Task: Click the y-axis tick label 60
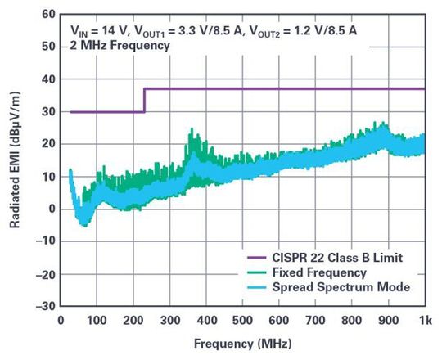(x=47, y=15)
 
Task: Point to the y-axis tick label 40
(x=47, y=79)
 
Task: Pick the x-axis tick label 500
(x=242, y=320)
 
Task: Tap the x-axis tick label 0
(x=61, y=320)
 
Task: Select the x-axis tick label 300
(x=170, y=320)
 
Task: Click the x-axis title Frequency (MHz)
(x=242, y=343)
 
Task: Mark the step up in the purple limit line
(x=144, y=100)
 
